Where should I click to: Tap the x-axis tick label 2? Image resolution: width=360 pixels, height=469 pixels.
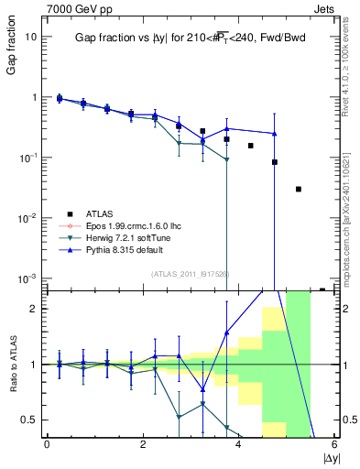(143, 445)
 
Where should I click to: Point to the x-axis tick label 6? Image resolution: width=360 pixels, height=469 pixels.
(334, 445)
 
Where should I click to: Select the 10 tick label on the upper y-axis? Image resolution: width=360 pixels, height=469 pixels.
(31, 37)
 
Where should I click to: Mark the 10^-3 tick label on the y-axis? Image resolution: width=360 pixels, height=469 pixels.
(29, 278)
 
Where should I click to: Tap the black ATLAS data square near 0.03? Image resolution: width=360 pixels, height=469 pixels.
(299, 189)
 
